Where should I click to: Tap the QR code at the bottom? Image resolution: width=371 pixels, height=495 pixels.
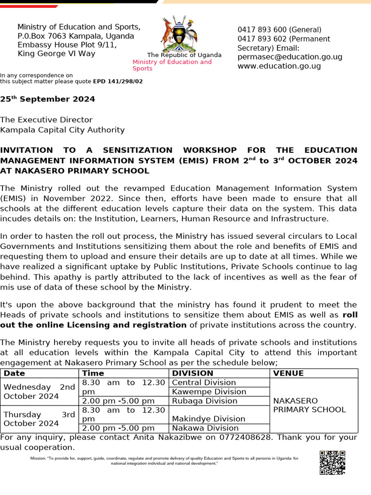click(332, 462)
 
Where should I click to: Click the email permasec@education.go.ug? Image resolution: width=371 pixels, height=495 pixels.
click(290, 57)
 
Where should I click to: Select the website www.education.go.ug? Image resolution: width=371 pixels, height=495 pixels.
click(279, 66)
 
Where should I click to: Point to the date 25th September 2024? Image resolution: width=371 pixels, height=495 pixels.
click(47, 99)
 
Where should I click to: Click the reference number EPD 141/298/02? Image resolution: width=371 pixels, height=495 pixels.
click(118, 81)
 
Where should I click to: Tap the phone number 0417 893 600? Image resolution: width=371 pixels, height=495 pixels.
click(261, 30)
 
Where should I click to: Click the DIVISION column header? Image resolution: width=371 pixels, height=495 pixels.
click(193, 373)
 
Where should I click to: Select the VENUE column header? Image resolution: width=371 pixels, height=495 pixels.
click(288, 373)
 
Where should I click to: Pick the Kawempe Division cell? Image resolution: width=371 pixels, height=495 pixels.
click(209, 392)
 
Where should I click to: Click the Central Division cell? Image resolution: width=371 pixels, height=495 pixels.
click(204, 382)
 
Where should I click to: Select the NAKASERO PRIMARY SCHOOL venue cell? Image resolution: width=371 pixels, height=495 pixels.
click(309, 405)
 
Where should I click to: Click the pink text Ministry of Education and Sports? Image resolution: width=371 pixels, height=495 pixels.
click(172, 65)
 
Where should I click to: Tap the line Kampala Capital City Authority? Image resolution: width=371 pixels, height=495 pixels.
click(62, 130)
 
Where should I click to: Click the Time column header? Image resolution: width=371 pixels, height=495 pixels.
click(93, 373)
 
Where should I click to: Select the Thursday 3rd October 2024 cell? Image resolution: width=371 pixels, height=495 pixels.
click(39, 419)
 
